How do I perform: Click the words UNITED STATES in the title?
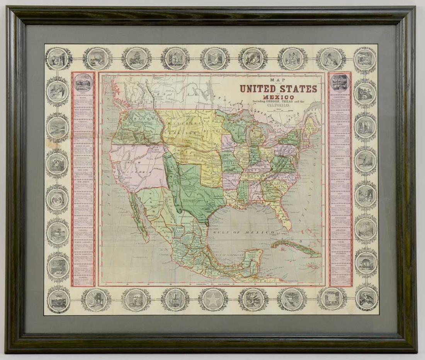tap(278, 88)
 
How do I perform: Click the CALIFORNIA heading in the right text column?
tap(340, 97)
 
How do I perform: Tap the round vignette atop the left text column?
tap(83, 82)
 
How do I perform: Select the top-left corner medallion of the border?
tap(58, 58)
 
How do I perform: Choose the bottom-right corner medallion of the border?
tap(366, 298)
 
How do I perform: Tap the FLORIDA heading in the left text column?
tap(83, 277)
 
